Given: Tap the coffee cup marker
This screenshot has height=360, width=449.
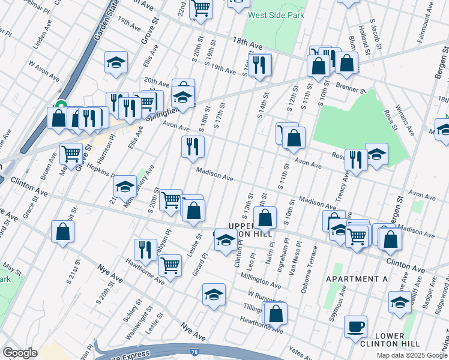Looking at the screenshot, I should coord(356,326).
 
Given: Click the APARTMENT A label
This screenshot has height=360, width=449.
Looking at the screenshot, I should coord(357,279).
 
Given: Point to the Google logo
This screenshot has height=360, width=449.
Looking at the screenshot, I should coord(19,353).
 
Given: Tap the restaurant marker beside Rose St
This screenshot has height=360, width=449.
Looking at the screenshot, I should coord(356,160).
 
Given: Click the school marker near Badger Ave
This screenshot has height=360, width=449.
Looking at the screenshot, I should coord(400,303).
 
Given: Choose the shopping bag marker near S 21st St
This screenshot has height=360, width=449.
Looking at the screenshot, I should coord(62,232).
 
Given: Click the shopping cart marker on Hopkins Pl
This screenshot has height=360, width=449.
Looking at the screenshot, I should coord(71,154).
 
